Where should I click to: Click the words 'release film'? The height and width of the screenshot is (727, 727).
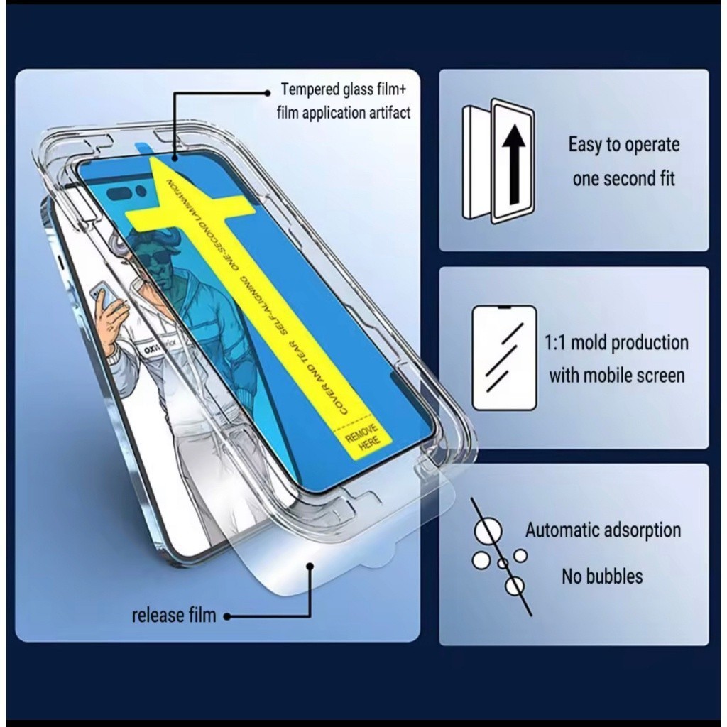click(x=173, y=615)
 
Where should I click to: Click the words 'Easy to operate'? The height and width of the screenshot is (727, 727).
click(x=623, y=145)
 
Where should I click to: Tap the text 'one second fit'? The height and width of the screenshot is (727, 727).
click(x=623, y=178)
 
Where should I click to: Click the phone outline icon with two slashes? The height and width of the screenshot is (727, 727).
click(x=505, y=357)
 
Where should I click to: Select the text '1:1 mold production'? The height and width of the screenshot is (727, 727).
click(x=616, y=343)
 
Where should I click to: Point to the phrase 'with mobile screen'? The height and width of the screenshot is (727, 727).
click(x=616, y=376)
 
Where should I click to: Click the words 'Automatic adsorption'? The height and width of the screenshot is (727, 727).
click(x=603, y=530)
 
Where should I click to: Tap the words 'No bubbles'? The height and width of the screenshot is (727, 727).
click(x=602, y=576)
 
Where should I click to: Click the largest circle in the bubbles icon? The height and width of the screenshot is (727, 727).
click(x=488, y=530)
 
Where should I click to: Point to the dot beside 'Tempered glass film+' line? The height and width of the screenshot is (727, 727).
click(x=266, y=92)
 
